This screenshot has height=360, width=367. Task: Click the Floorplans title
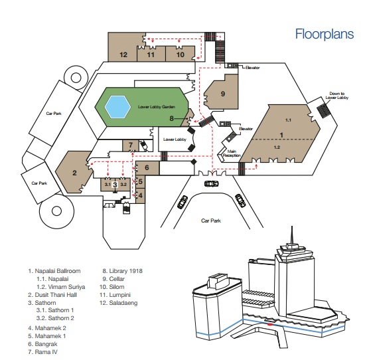coord(325,34)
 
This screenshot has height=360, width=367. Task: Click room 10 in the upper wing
coord(181,54)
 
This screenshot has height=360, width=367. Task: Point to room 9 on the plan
coord(223,94)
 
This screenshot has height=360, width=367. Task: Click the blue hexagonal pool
coord(117,107)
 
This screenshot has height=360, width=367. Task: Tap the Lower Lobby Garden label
coord(157,107)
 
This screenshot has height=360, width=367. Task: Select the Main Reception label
coord(232,153)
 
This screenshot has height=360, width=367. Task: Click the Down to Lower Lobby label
coord(337,96)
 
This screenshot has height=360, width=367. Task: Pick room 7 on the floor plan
coord(131,145)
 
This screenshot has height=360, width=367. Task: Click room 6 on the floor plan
coord(147,167)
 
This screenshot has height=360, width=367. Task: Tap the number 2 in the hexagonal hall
coord(74,173)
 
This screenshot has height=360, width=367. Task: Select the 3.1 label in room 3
coord(108,185)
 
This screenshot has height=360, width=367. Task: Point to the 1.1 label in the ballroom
coord(288,120)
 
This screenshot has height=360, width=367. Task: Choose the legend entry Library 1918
coord(122,271)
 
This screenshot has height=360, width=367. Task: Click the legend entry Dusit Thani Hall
coord(52,295)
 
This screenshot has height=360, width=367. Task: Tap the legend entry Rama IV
coord(43,352)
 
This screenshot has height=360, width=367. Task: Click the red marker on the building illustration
coord(270,325)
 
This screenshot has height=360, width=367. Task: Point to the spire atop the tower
coord(292,235)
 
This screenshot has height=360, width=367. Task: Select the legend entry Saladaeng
coord(118,303)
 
